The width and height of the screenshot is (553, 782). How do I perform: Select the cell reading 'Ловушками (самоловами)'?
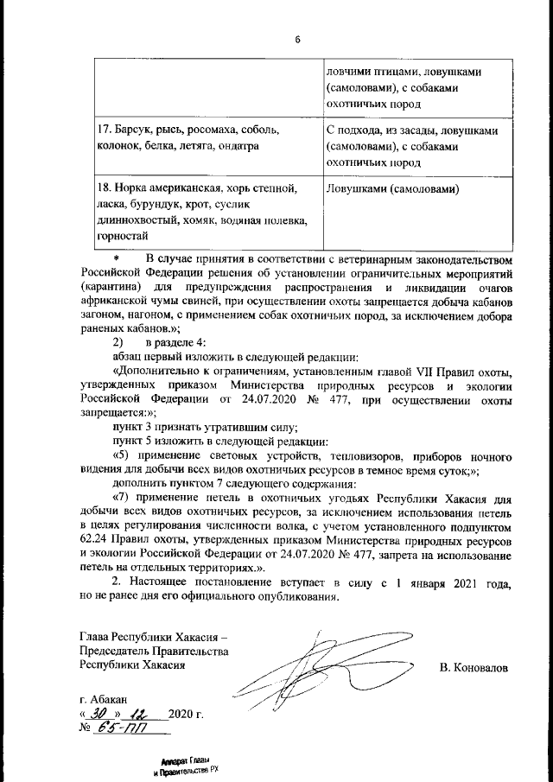point(392,188)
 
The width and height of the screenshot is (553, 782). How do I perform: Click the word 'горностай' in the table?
point(122,235)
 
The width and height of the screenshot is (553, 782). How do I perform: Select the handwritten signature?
point(320,671)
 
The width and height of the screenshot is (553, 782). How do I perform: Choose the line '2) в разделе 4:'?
point(159,342)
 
